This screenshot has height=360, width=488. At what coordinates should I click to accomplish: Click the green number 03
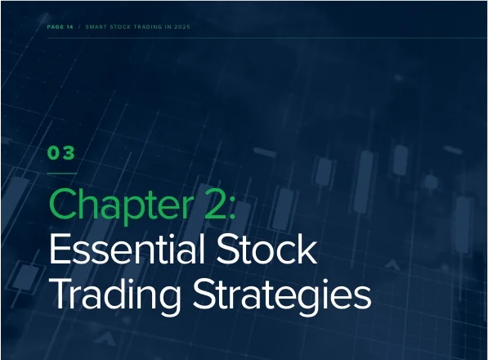click(61, 153)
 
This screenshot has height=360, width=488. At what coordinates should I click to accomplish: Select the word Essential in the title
click(127, 249)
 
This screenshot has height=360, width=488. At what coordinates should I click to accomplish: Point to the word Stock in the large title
click(266, 249)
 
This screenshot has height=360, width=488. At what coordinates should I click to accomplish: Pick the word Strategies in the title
click(282, 295)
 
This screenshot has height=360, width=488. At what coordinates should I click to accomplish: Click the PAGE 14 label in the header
click(60, 27)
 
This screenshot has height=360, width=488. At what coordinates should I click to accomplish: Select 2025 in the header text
click(182, 27)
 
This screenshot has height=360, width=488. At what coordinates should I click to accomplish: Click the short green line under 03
click(62, 173)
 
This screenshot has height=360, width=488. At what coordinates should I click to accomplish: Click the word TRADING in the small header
click(148, 27)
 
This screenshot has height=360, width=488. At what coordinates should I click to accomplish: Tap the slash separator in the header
click(79, 27)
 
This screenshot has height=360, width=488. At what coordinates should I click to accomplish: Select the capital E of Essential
click(59, 249)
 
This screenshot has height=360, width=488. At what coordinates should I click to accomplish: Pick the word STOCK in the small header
click(120, 27)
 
